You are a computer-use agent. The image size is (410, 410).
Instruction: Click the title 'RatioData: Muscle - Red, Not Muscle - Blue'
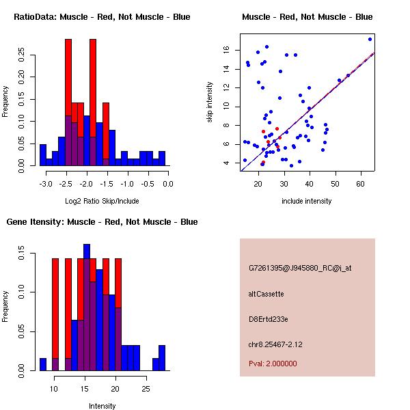pyautogui.click(x=102, y=17)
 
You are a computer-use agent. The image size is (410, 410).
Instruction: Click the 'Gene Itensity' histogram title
pyautogui.click(x=102, y=222)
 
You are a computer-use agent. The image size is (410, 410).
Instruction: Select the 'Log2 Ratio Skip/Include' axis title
pyautogui.click(x=102, y=201)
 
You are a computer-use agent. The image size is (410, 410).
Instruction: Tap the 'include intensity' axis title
pyautogui.click(x=306, y=201)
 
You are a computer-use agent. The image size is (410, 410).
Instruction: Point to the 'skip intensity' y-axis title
pyautogui.click(x=210, y=102)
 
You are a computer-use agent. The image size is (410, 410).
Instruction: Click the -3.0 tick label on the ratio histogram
pyautogui.click(x=46, y=184)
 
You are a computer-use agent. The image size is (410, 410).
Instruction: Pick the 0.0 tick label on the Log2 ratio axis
pyautogui.click(x=168, y=184)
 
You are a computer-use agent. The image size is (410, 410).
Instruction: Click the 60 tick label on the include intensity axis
pyautogui.click(x=360, y=184)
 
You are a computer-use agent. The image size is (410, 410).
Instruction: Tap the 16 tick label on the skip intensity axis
pyautogui.click(x=226, y=49)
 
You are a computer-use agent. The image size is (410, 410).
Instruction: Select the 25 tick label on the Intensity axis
pyautogui.click(x=146, y=389)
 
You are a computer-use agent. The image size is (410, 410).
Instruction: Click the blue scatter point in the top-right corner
pyautogui.click(x=370, y=39)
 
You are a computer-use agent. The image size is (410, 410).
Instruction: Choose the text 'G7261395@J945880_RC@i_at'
pyautogui.click(x=300, y=269)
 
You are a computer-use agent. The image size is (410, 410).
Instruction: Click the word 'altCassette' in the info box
pyautogui.click(x=266, y=294)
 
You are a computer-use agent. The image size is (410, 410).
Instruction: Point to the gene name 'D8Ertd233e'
pyautogui.click(x=269, y=319)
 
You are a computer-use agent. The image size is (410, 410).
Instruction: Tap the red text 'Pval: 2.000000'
pyautogui.click(x=273, y=364)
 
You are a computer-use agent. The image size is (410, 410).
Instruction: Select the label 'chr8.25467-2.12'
pyautogui.click(x=275, y=344)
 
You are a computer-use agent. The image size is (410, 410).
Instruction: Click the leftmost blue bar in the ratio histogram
pyautogui.click(x=43, y=155)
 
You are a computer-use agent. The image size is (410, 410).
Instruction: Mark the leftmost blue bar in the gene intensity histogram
pyautogui.click(x=43, y=364)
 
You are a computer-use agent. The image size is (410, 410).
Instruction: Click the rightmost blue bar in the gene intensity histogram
pyautogui.click(x=162, y=358)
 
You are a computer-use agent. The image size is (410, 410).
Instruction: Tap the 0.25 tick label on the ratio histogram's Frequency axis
pyautogui.click(x=21, y=55)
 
